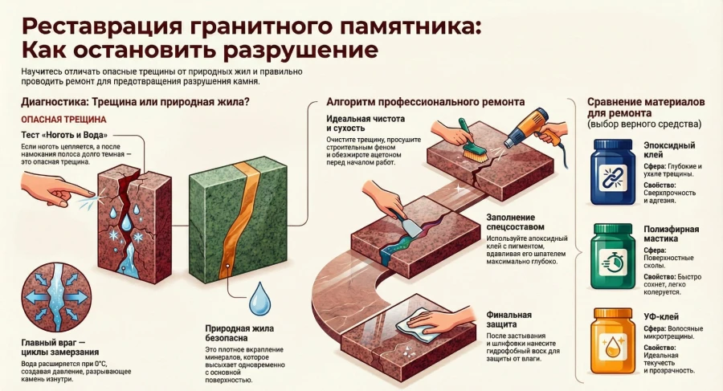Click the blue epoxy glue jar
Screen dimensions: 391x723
tap(614, 171)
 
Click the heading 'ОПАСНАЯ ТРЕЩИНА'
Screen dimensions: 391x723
tap(51, 118)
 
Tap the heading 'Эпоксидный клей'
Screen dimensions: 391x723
tap(670, 149)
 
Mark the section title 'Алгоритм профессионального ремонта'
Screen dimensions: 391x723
tap(425, 103)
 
